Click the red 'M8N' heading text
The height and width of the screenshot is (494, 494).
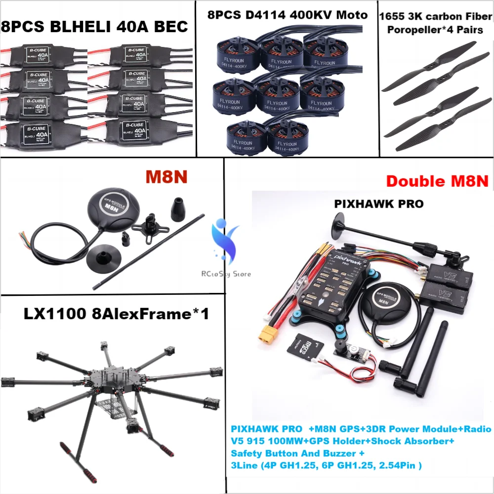pyautogui.click(x=166, y=176)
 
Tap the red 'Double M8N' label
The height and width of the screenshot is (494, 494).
pyautogui.click(x=437, y=181)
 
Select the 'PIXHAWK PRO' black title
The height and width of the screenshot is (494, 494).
pyautogui.click(x=378, y=204)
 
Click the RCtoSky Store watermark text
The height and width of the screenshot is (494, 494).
pyautogui.click(x=226, y=274)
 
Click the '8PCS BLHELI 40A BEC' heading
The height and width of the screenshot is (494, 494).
pyautogui.click(x=95, y=26)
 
